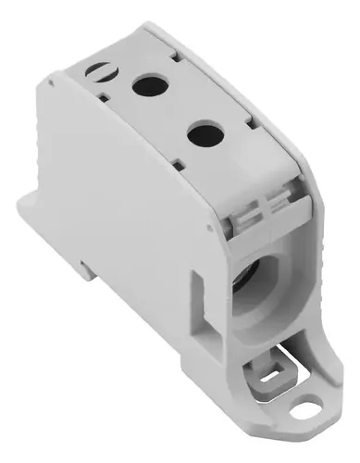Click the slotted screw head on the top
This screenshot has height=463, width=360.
[x=98, y=70]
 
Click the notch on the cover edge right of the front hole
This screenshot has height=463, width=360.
[x=244, y=121]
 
